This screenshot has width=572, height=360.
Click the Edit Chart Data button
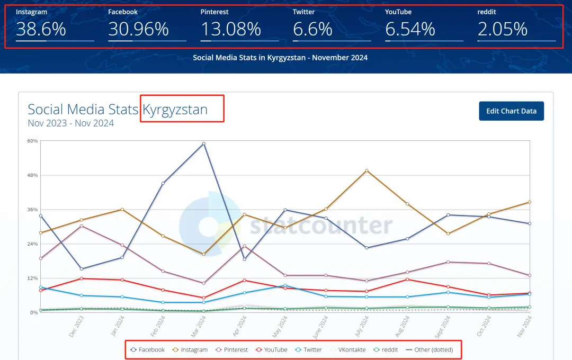(x=511, y=111)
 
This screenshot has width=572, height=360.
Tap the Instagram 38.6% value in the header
(x=41, y=30)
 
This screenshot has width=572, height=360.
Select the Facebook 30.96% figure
(x=138, y=30)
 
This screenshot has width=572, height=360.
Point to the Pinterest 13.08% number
(x=230, y=30)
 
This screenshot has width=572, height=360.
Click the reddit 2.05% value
(x=502, y=30)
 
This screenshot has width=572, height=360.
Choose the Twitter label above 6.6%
(x=303, y=12)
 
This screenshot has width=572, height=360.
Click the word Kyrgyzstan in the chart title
(x=175, y=110)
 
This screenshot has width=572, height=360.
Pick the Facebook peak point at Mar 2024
(x=203, y=143)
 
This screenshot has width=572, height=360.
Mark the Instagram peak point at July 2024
(x=367, y=170)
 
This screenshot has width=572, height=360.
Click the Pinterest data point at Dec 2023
(x=81, y=226)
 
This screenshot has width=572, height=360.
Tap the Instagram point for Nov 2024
(x=529, y=202)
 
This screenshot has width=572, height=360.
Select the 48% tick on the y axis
(x=33, y=175)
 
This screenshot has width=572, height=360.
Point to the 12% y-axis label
(x=33, y=278)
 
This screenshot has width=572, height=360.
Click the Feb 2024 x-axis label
(x=158, y=326)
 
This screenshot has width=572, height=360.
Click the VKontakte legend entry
(x=348, y=350)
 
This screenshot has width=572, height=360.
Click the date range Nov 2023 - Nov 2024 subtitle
(x=71, y=123)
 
